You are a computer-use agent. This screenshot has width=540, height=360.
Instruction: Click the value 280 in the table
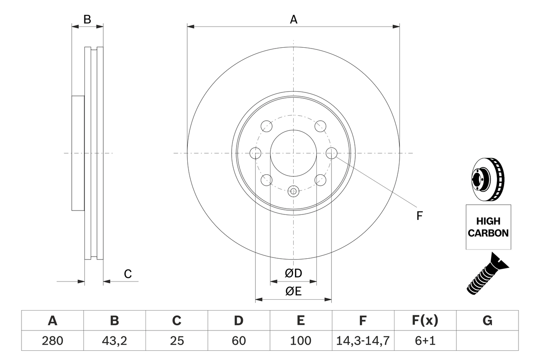[x=52, y=341]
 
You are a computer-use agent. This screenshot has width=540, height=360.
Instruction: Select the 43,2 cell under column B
[x=114, y=341]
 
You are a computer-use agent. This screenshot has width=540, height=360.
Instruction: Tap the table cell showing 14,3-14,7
[x=362, y=341]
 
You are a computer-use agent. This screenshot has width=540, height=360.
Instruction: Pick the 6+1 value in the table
[x=424, y=341]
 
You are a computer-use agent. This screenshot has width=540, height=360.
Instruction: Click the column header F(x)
[x=424, y=321]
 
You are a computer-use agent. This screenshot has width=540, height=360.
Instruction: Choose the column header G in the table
[x=487, y=321]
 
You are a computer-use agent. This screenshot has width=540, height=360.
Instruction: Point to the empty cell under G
[x=487, y=341]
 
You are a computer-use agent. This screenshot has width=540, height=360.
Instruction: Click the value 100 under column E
[x=300, y=341]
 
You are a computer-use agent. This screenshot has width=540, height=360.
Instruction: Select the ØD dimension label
[x=294, y=273]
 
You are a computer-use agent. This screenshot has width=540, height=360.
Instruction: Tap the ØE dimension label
[x=294, y=292]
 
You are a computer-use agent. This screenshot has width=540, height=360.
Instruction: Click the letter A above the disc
[x=294, y=19]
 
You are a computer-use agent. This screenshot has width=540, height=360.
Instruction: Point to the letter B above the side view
[x=87, y=19]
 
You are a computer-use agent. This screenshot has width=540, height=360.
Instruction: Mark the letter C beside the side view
[x=128, y=274]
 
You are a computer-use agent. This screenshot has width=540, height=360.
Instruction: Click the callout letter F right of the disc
[x=419, y=216]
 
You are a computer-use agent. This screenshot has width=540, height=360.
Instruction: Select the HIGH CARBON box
[x=488, y=227]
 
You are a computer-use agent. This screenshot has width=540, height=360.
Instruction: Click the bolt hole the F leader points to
[x=332, y=153]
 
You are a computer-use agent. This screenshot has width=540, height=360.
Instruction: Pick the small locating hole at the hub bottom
[x=294, y=191]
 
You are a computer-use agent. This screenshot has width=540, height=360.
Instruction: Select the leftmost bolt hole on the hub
[x=256, y=153]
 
